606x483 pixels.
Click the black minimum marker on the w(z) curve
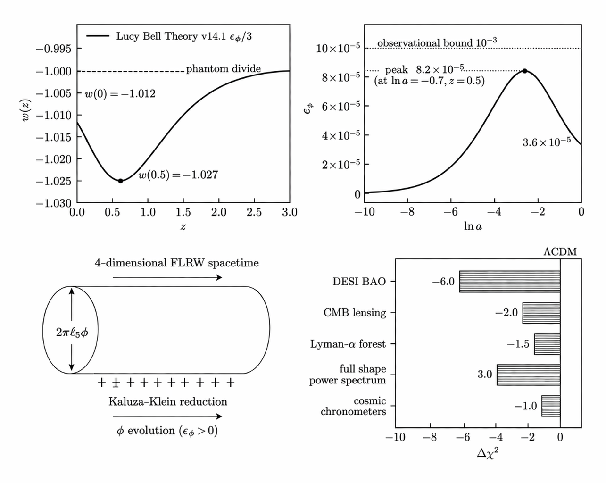(x=120, y=181)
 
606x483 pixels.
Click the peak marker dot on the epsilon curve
(x=524, y=71)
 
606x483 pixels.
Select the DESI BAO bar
(x=509, y=282)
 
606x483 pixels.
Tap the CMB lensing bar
(x=541, y=313)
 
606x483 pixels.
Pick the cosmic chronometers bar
(x=550, y=406)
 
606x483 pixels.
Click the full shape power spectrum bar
(x=528, y=375)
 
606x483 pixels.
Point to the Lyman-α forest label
(x=348, y=344)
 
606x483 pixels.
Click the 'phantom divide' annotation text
(x=223, y=69)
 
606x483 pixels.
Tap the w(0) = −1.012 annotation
(x=120, y=93)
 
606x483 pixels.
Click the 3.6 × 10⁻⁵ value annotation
(x=546, y=142)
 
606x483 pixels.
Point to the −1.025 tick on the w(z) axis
(x=53, y=181)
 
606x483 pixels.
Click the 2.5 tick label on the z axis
(x=254, y=212)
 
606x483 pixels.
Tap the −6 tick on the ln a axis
(x=450, y=212)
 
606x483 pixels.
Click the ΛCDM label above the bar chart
(x=560, y=251)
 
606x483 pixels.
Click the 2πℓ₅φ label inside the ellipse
(x=72, y=332)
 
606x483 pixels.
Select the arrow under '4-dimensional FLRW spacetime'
(x=167, y=277)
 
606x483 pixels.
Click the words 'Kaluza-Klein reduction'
(x=167, y=401)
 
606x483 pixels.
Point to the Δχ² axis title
(x=488, y=454)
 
